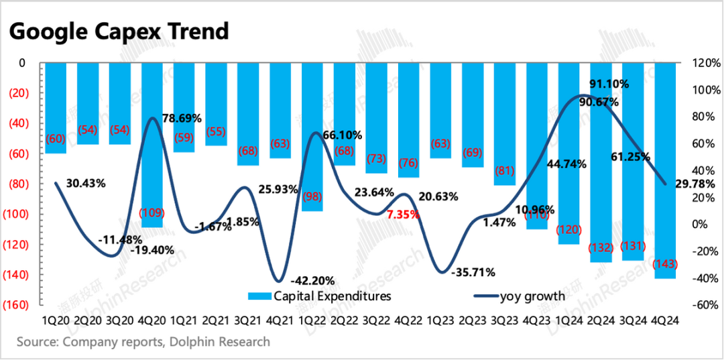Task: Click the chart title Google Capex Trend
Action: tap(119, 31)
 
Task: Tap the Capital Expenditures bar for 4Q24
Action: tap(665, 168)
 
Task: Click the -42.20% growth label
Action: tap(311, 280)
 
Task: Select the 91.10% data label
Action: tap(609, 84)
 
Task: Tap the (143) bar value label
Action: tap(664, 265)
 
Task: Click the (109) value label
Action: tap(151, 214)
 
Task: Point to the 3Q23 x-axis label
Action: tap(504, 320)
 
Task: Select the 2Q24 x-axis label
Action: tap(601, 320)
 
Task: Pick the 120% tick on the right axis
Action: tap(704, 63)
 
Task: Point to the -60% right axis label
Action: tap(704, 305)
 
